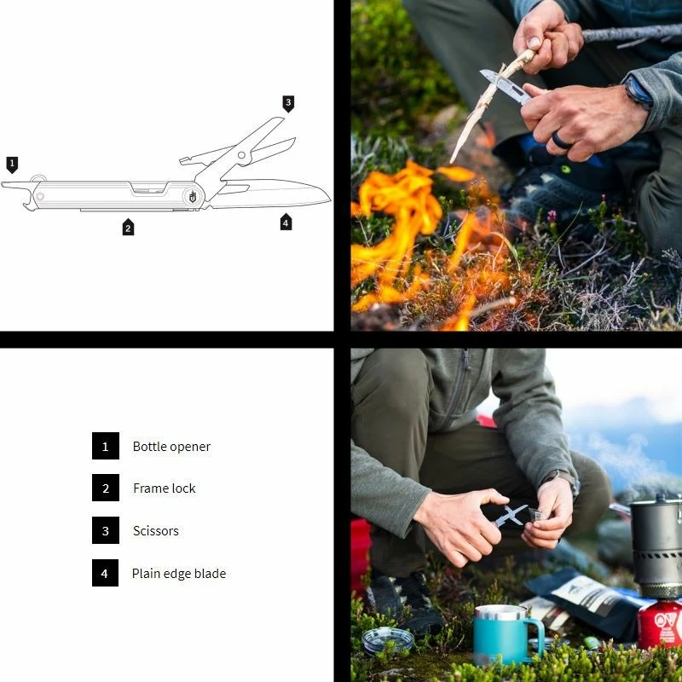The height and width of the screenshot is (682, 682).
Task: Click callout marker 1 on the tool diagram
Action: click(x=12, y=165)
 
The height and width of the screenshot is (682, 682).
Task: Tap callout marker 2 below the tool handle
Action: click(x=128, y=227)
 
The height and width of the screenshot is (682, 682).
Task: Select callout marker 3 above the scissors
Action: click(x=288, y=103)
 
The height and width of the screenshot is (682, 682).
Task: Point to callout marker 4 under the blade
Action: click(x=286, y=223)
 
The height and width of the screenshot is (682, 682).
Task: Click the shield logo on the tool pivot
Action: click(x=193, y=197)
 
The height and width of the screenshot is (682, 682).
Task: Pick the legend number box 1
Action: click(x=105, y=446)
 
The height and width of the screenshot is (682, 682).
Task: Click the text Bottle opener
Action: click(x=171, y=447)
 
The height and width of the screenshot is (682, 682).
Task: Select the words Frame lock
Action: click(x=165, y=488)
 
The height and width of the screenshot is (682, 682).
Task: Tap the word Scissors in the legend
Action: click(x=156, y=530)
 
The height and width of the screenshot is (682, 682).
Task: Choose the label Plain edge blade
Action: click(x=179, y=574)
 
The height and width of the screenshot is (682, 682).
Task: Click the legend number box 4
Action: click(x=105, y=573)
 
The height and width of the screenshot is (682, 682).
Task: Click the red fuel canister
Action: click(x=660, y=625)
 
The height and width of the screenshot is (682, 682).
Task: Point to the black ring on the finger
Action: click(x=561, y=141)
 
